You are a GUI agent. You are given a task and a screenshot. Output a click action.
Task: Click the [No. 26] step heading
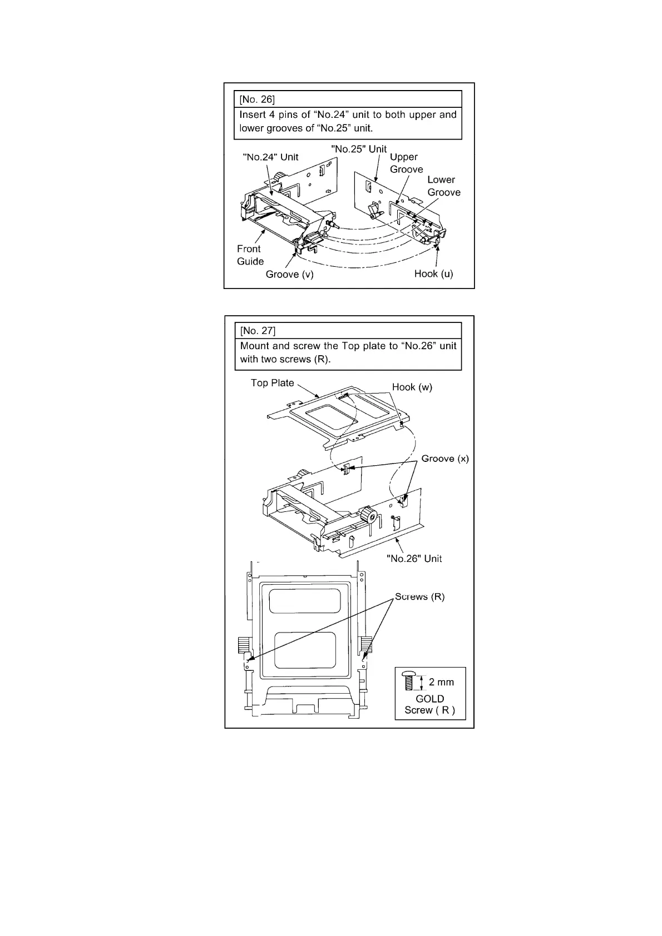point(257,99)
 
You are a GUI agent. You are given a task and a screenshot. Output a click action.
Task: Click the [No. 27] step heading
point(258,331)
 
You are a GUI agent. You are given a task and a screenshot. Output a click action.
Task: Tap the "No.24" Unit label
point(271,157)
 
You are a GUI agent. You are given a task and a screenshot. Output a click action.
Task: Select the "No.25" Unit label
point(359,149)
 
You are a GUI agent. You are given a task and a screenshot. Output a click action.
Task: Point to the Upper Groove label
point(406,163)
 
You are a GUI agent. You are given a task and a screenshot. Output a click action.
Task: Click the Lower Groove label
point(443,186)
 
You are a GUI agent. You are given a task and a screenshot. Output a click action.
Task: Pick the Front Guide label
point(250,255)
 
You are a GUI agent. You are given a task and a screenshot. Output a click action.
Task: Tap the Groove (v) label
point(289,274)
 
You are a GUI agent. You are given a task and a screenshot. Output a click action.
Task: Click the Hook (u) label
point(433,274)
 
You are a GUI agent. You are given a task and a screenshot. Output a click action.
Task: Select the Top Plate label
point(272,383)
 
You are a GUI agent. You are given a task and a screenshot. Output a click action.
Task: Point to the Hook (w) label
point(412,387)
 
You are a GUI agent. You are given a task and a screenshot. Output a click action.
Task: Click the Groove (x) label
point(445,459)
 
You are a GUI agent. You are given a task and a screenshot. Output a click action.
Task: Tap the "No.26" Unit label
point(414,559)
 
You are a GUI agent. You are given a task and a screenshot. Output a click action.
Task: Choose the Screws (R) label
point(419,597)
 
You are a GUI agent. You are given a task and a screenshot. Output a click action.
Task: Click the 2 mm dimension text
point(441,682)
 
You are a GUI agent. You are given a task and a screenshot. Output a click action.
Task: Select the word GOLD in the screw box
point(430,699)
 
